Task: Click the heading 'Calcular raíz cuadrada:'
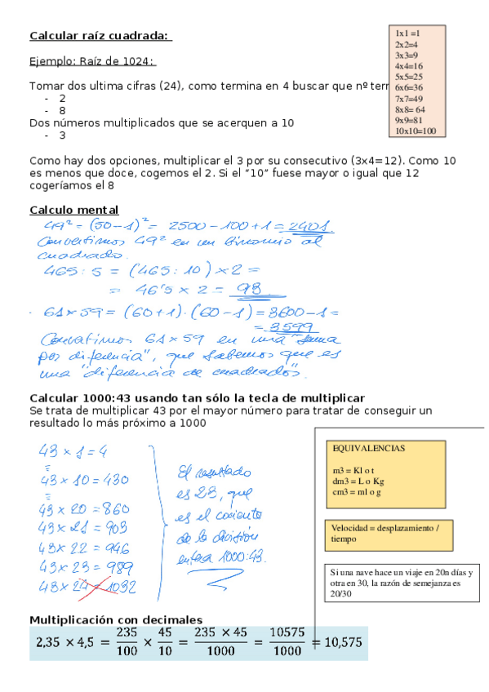point(100,36)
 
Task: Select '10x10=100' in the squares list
point(416,131)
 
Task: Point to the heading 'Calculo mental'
point(73,210)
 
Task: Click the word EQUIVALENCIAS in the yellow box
point(370,449)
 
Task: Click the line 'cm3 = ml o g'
point(358,492)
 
